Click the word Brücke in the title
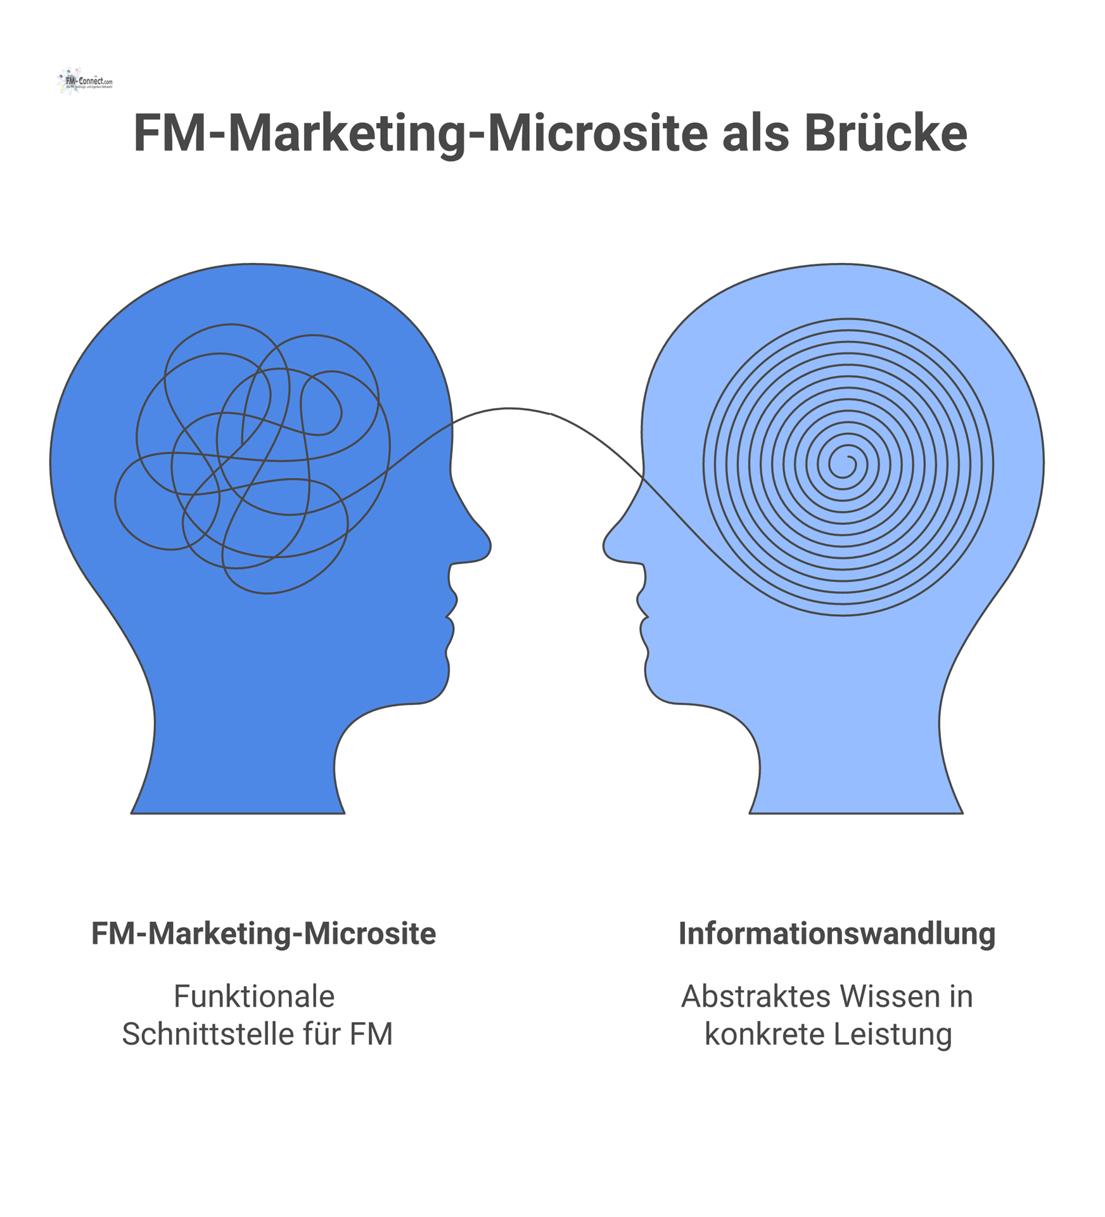tap(886, 134)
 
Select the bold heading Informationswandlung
tap(836, 934)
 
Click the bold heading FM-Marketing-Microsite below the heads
tap(264, 934)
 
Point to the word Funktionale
tap(254, 996)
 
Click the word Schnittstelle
tap(208, 1034)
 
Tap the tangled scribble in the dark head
tap(253, 456)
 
